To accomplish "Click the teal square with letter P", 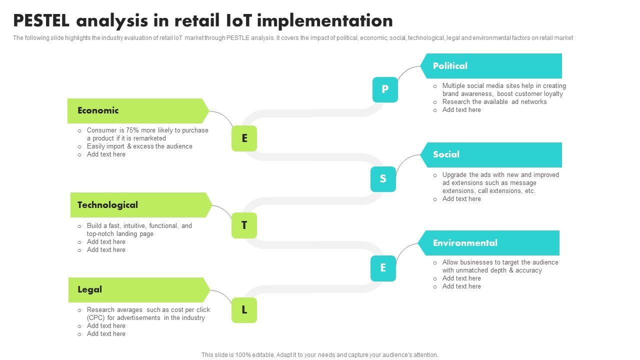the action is (x=385, y=89).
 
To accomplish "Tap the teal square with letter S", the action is (x=383, y=179).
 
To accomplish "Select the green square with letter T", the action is (x=244, y=225).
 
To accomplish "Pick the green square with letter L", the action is (x=244, y=310).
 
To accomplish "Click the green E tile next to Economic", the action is (x=244, y=138).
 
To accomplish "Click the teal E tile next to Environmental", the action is (x=383, y=268).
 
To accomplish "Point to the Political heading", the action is (x=450, y=66).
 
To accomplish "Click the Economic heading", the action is (x=98, y=110).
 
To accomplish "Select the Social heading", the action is (x=446, y=154).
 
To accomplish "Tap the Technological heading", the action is (x=107, y=205).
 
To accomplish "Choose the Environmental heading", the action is (x=465, y=243).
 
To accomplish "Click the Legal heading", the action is (x=89, y=289).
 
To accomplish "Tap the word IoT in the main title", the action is (x=240, y=20).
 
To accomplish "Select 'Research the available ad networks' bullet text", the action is (x=494, y=102).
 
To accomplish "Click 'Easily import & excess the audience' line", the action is (x=139, y=146).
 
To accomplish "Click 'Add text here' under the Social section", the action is (x=461, y=199).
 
